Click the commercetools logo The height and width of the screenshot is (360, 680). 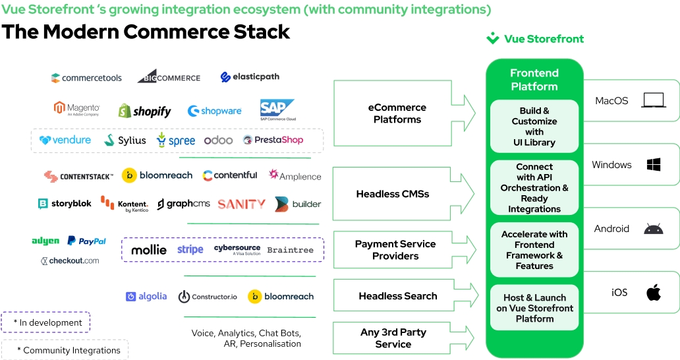(86, 78)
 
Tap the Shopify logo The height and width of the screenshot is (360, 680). (144, 111)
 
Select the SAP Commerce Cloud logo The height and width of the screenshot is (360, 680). (277, 109)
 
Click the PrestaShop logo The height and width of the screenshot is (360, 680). (273, 140)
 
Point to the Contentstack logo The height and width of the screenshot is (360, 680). (78, 176)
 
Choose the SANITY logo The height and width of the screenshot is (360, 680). (242, 204)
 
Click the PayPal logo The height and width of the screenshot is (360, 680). (87, 241)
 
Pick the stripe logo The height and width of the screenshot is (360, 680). (190, 249)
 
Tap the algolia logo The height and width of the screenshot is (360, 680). (146, 296)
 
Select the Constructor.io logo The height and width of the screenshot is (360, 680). (208, 297)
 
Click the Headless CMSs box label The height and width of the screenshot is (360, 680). (393, 194)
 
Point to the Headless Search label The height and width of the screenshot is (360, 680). (398, 296)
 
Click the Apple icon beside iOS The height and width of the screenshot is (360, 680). (654, 292)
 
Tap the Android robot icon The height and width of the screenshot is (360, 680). (654, 229)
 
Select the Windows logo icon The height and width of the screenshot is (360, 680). (654, 164)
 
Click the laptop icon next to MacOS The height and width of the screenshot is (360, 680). (654, 100)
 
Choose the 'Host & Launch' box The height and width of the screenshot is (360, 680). (534, 307)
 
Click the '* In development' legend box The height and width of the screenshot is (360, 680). (45, 322)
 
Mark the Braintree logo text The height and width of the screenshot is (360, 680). (290, 250)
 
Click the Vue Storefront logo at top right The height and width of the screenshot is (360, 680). (535, 39)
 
